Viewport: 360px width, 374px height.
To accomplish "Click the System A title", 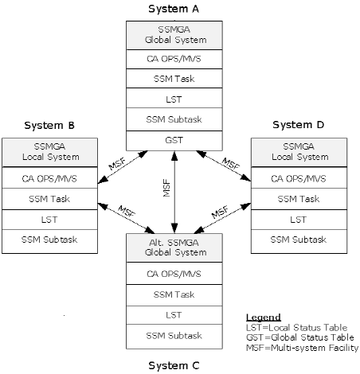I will pyautogui.click(x=174, y=9).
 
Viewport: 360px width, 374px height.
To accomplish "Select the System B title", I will pyautogui.click(x=49, y=125).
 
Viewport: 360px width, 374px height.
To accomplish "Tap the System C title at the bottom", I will pyautogui.click(x=174, y=365).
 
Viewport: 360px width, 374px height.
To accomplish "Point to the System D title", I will pyautogui.click(x=298, y=125).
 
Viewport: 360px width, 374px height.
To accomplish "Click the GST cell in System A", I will pyautogui.click(x=174, y=139).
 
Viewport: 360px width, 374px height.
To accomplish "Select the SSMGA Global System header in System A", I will pyautogui.click(x=174, y=36).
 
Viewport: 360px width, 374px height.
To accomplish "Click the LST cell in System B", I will pyautogui.click(x=49, y=219).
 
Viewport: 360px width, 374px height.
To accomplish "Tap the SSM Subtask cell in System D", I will pyautogui.click(x=298, y=239).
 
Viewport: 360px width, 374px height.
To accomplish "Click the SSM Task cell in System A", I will pyautogui.click(x=174, y=80).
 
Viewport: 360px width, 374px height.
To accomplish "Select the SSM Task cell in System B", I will pyautogui.click(x=49, y=198).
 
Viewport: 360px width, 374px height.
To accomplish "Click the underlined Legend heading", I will pyautogui.click(x=263, y=318).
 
